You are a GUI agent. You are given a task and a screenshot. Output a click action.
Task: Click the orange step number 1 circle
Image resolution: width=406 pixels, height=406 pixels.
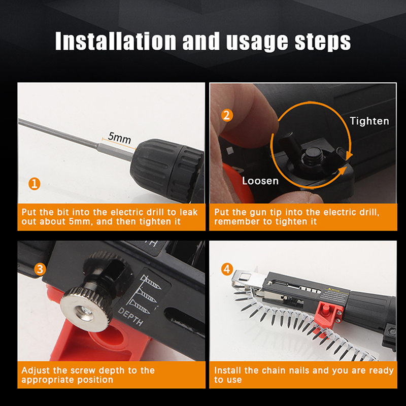point(34,184)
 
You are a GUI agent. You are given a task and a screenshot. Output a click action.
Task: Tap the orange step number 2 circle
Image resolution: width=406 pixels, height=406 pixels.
point(227,116)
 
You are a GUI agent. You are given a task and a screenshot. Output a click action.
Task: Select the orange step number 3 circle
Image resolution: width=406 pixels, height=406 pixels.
point(40,269)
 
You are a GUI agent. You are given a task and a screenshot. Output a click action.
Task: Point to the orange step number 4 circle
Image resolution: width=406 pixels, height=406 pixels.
point(227,269)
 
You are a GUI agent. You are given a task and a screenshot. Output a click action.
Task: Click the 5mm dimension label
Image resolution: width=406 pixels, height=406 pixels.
point(119,138)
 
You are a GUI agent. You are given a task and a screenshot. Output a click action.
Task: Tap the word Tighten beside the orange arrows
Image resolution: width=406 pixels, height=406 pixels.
point(369,121)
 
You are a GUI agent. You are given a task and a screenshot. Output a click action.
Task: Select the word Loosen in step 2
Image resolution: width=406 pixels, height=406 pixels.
point(260,181)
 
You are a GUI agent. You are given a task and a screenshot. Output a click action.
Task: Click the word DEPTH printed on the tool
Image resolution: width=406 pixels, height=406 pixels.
point(130,317)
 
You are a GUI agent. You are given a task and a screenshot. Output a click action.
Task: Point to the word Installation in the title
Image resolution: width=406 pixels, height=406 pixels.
point(116,41)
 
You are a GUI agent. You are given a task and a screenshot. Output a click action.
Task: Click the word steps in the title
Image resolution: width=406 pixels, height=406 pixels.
point(323,42)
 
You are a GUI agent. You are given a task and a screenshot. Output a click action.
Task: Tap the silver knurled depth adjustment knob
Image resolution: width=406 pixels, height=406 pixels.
point(86,310)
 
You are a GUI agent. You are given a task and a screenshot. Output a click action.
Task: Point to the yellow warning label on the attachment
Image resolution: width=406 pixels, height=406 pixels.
point(336,294)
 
